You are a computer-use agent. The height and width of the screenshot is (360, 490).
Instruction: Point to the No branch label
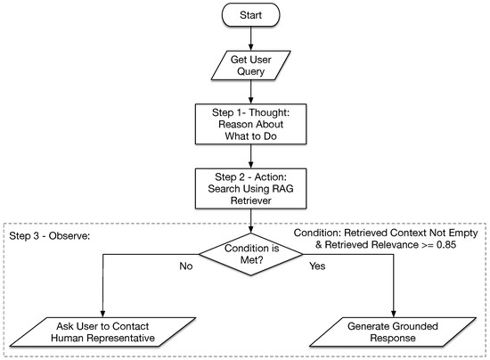186,266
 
